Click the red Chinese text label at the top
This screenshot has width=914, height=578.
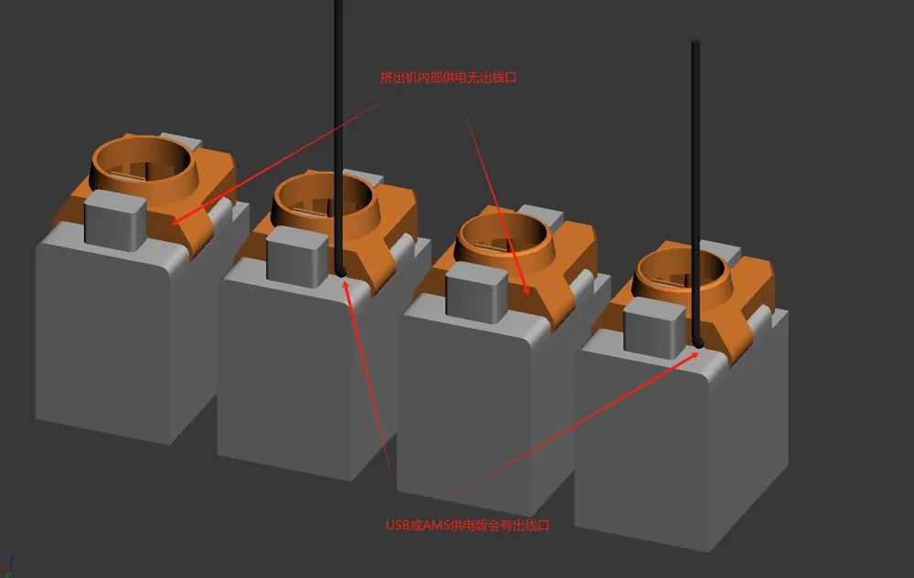tap(448, 78)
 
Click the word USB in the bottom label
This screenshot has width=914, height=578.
tap(398, 525)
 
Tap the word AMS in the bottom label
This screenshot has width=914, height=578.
tap(435, 525)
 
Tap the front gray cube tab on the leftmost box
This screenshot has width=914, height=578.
tap(115, 221)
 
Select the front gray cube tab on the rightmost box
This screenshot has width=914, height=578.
tap(654, 328)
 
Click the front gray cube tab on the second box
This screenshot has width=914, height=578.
tap(297, 257)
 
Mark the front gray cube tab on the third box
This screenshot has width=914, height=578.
tap(476, 292)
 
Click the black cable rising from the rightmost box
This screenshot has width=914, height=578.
tap(696, 192)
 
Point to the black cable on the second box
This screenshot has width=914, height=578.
tap(338, 137)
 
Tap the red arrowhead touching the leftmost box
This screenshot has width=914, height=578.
tap(178, 219)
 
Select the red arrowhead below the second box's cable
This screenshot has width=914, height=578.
tap(346, 287)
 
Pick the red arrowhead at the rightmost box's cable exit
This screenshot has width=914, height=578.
tap(693, 355)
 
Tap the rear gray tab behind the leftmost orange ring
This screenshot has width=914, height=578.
tap(181, 141)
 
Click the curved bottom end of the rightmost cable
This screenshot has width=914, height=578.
tap(697, 343)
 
